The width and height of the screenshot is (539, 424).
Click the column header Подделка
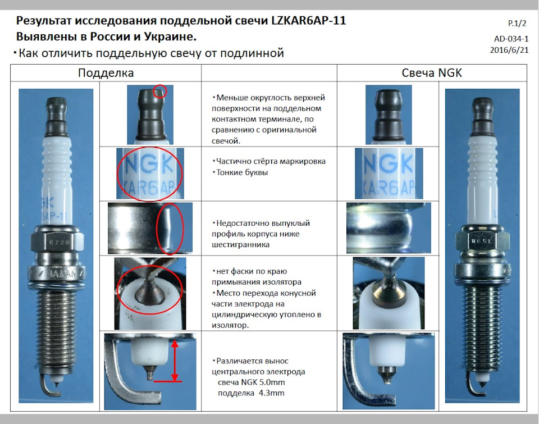(x=106, y=73)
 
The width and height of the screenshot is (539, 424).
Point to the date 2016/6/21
(x=509, y=49)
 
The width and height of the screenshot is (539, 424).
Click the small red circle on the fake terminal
(x=159, y=92)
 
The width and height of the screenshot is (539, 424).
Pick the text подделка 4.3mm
(x=251, y=393)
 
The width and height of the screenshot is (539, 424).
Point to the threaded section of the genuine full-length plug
(x=481, y=314)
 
